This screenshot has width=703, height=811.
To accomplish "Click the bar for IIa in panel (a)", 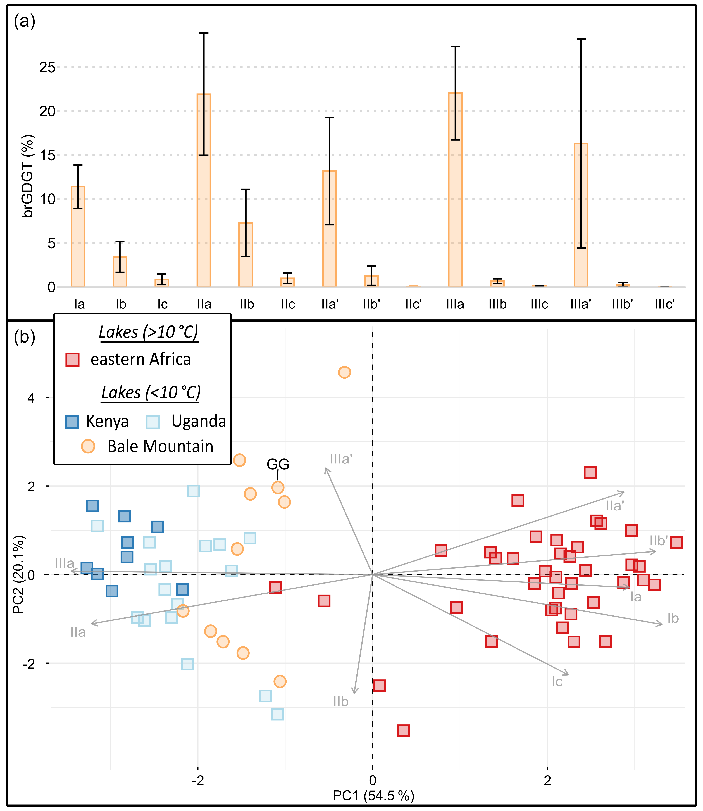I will [x=204, y=190].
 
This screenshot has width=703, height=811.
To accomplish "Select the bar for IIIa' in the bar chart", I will [x=581, y=215].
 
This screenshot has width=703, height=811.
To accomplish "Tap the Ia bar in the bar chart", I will [x=78, y=237].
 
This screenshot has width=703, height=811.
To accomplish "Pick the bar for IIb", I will [x=246, y=255].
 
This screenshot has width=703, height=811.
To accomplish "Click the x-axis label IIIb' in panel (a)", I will [x=623, y=304].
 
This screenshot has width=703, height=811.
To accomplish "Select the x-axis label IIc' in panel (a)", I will [x=413, y=304].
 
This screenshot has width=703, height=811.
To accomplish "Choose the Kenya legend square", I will [x=72, y=422].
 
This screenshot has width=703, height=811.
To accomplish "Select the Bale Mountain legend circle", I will [x=88, y=446].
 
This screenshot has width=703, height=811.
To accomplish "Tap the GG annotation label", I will [x=278, y=464].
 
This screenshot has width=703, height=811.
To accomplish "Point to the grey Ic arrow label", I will [x=557, y=682].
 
